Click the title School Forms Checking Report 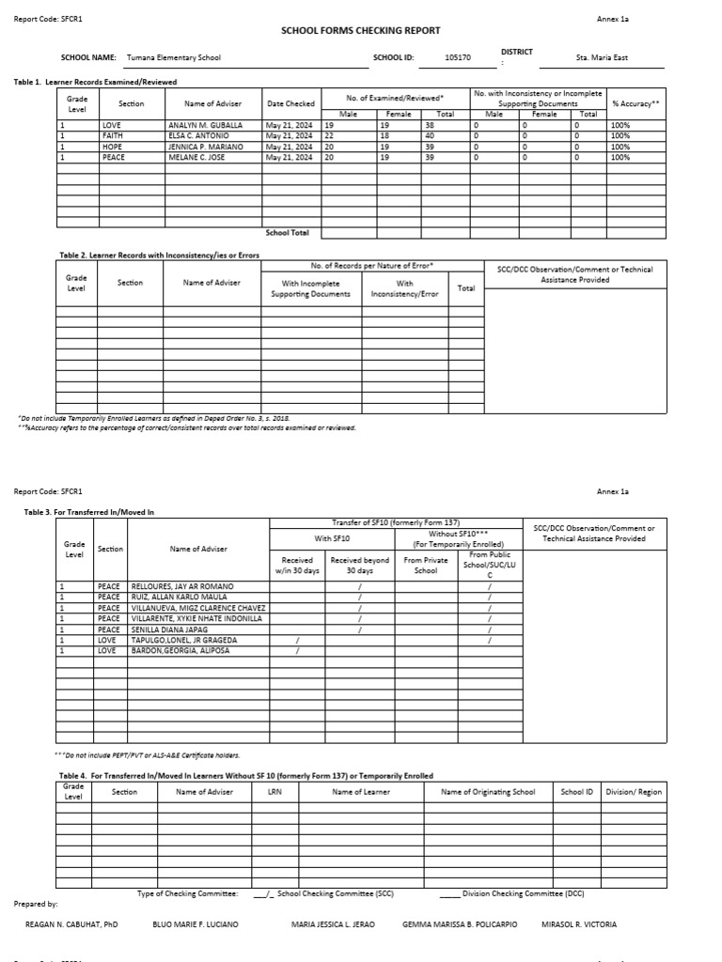pyautogui.click(x=361, y=31)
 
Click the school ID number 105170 pyautogui.click(x=458, y=58)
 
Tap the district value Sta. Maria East pyautogui.click(x=602, y=58)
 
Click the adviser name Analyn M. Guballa pyautogui.click(x=205, y=125)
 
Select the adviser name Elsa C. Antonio pyautogui.click(x=199, y=136)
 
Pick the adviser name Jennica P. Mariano pyautogui.click(x=206, y=147)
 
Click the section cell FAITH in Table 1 pyautogui.click(x=113, y=136)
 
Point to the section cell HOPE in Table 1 pyautogui.click(x=112, y=147)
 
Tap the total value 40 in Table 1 pyautogui.click(x=430, y=136)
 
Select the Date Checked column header pyautogui.click(x=290, y=103)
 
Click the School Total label pyautogui.click(x=288, y=233)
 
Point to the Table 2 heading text pyautogui.click(x=159, y=255)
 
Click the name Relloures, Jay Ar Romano pyautogui.click(x=182, y=586)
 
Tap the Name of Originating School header pyautogui.click(x=488, y=792)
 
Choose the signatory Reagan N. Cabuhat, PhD pyautogui.click(x=71, y=924)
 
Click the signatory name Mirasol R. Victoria pyautogui.click(x=580, y=924)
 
